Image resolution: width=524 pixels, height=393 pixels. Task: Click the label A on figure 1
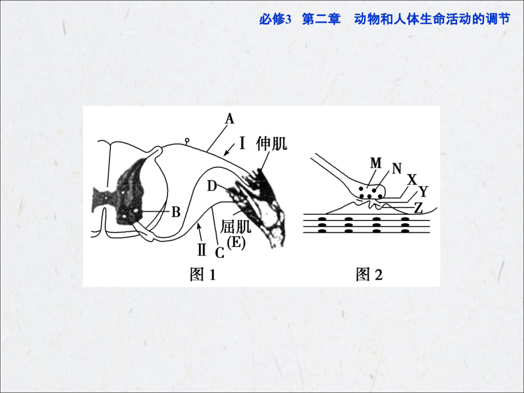pos(230,118)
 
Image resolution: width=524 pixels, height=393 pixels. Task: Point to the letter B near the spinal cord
pos(176,212)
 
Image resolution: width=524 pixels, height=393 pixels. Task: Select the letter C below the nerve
pos(219,251)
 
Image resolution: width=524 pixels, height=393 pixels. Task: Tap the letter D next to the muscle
pos(212,186)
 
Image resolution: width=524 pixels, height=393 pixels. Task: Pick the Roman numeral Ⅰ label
pos(242,143)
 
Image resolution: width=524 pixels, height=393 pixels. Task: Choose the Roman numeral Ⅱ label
pos(201,248)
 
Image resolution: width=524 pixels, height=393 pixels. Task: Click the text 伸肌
pos(272,142)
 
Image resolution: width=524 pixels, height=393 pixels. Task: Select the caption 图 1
pos(203,275)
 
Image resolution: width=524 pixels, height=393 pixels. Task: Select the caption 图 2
pos(369,275)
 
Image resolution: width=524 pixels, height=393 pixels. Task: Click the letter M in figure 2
pos(375,163)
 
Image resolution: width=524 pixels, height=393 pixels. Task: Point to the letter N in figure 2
pos(396,168)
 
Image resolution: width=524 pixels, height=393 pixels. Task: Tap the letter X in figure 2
pos(412,180)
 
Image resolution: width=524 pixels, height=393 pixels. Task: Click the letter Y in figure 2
pos(423,190)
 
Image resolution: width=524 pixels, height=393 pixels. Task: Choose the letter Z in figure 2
pos(418,208)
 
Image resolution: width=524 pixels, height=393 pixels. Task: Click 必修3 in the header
pos(275,19)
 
